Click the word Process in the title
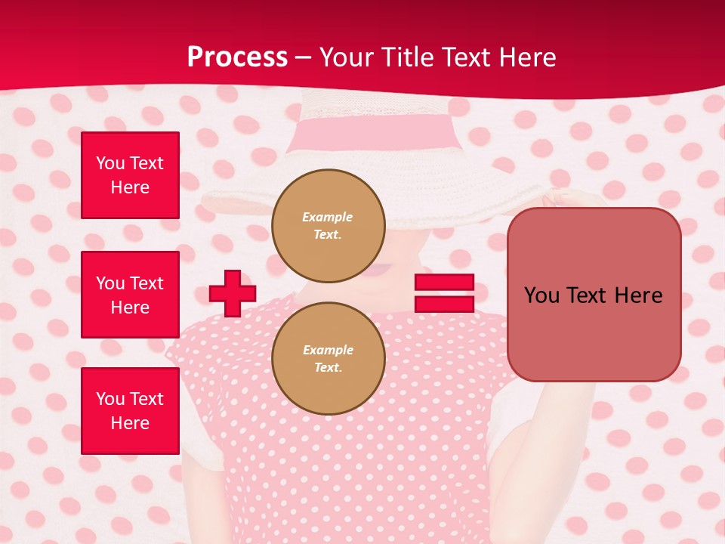[237, 57]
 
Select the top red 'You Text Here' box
[130, 175]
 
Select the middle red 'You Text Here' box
[130, 295]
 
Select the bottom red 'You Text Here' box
[130, 410]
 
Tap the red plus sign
[232, 293]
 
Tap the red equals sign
[444, 293]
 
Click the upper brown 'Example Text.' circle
[328, 225]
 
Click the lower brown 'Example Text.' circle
[328, 358]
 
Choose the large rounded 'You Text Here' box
[594, 295]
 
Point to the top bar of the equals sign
[444, 283]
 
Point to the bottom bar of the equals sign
[444, 304]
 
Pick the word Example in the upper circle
[328, 217]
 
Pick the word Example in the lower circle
[328, 350]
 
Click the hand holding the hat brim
[563, 199]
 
